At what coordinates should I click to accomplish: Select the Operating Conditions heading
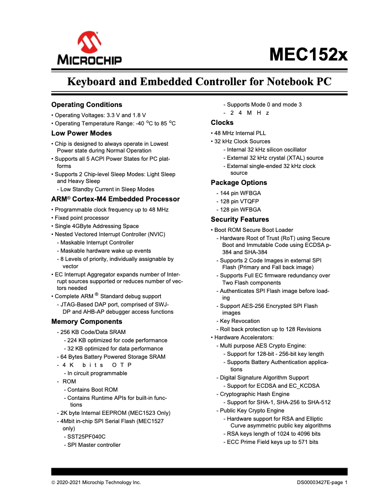pyautogui.click(x=87, y=105)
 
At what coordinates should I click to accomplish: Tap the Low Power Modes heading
pyautogui.click(x=81, y=133)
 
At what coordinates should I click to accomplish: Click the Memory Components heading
pyautogui.click(x=87, y=321)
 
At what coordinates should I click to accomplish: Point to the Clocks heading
pyautogui.click(x=222, y=122)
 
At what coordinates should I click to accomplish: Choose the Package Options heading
pyautogui.click(x=239, y=183)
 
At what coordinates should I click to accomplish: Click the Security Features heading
pyautogui.click(x=239, y=219)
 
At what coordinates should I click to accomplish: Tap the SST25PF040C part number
pyautogui.click(x=86, y=436)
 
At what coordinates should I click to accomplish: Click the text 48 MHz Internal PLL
pyautogui.click(x=240, y=133)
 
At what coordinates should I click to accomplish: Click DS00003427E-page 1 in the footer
pyautogui.click(x=322, y=482)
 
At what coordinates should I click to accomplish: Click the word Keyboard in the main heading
pyautogui.click(x=90, y=81)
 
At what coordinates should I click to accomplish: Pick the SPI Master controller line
pyautogui.click(x=94, y=445)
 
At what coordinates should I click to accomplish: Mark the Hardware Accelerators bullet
pyautogui.click(x=244, y=337)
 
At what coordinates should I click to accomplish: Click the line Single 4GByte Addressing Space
pyautogui.click(x=97, y=226)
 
